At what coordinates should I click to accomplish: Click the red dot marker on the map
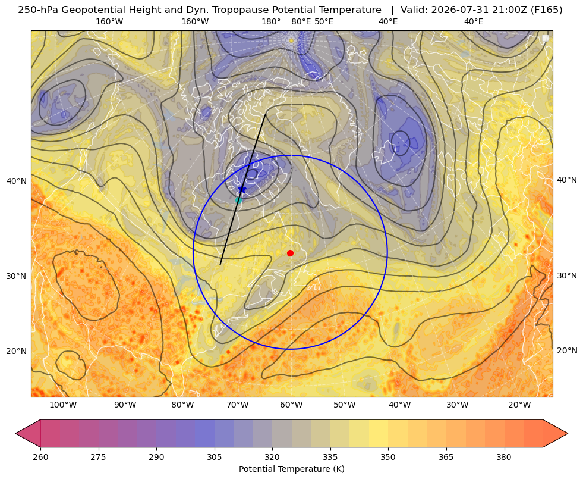[291, 253]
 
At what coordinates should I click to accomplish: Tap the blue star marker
[242, 189]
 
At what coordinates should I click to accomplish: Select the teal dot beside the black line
[239, 200]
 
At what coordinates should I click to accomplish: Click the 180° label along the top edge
[271, 21]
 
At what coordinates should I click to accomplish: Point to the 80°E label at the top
[301, 21]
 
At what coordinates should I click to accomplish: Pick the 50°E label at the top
[324, 21]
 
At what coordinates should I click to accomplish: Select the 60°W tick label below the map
[291, 405]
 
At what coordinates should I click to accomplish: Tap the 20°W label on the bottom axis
[519, 405]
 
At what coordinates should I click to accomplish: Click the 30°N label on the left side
[17, 276]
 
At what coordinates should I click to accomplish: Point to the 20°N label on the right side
[567, 350]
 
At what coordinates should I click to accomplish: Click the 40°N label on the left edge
[17, 181]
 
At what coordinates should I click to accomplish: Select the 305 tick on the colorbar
[214, 457]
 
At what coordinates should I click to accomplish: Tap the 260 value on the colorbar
[40, 457]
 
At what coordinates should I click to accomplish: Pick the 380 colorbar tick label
[504, 457]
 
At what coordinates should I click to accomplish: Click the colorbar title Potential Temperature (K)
[291, 469]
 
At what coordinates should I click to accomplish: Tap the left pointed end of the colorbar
[15, 433]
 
